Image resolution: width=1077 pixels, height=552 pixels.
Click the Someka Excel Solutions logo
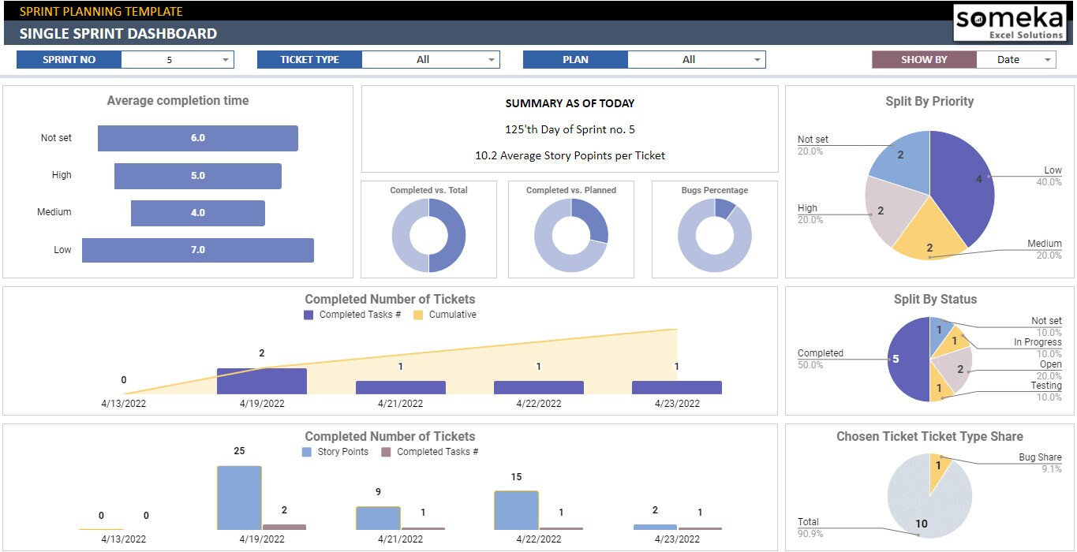1009,22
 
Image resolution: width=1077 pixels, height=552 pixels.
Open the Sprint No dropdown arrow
226,60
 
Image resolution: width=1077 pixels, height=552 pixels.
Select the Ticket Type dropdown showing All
430,60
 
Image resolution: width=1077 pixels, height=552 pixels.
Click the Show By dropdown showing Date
1015,60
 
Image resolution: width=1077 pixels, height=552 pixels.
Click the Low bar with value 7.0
197,250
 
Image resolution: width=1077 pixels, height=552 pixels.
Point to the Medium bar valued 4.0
197,213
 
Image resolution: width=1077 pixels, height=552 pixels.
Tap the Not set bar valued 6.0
197,138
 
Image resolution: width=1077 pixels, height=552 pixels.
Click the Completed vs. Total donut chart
428,235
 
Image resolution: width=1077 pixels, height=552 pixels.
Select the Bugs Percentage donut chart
714,235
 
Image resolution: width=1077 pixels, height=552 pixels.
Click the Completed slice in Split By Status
907,360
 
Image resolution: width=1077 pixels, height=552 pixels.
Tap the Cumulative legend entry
444,315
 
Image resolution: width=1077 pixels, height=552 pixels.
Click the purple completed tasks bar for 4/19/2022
261,381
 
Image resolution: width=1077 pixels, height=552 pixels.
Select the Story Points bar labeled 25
239,498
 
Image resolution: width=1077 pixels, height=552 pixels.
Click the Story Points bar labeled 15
516,510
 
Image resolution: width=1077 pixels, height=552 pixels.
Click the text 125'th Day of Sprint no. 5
570,129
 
